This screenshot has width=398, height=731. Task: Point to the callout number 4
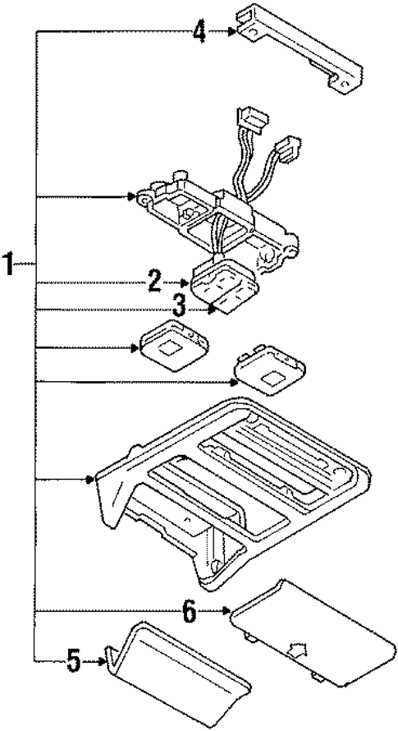click(x=199, y=32)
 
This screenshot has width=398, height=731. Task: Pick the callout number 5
click(x=75, y=661)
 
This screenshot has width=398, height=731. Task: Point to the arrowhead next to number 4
click(x=233, y=32)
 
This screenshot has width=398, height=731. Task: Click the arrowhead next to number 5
click(x=103, y=660)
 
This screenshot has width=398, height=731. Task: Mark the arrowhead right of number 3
click(x=212, y=310)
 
